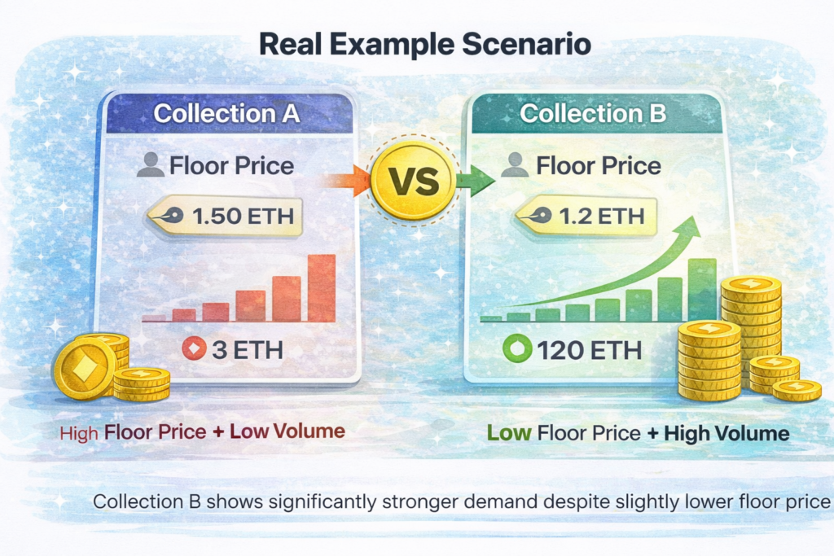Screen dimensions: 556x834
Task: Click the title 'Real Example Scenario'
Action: (x=424, y=45)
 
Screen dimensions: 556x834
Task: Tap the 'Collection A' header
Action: (x=226, y=113)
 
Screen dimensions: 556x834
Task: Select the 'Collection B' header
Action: (x=593, y=113)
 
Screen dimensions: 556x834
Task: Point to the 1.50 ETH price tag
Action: (x=224, y=217)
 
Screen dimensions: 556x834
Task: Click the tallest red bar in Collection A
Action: (x=322, y=288)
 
